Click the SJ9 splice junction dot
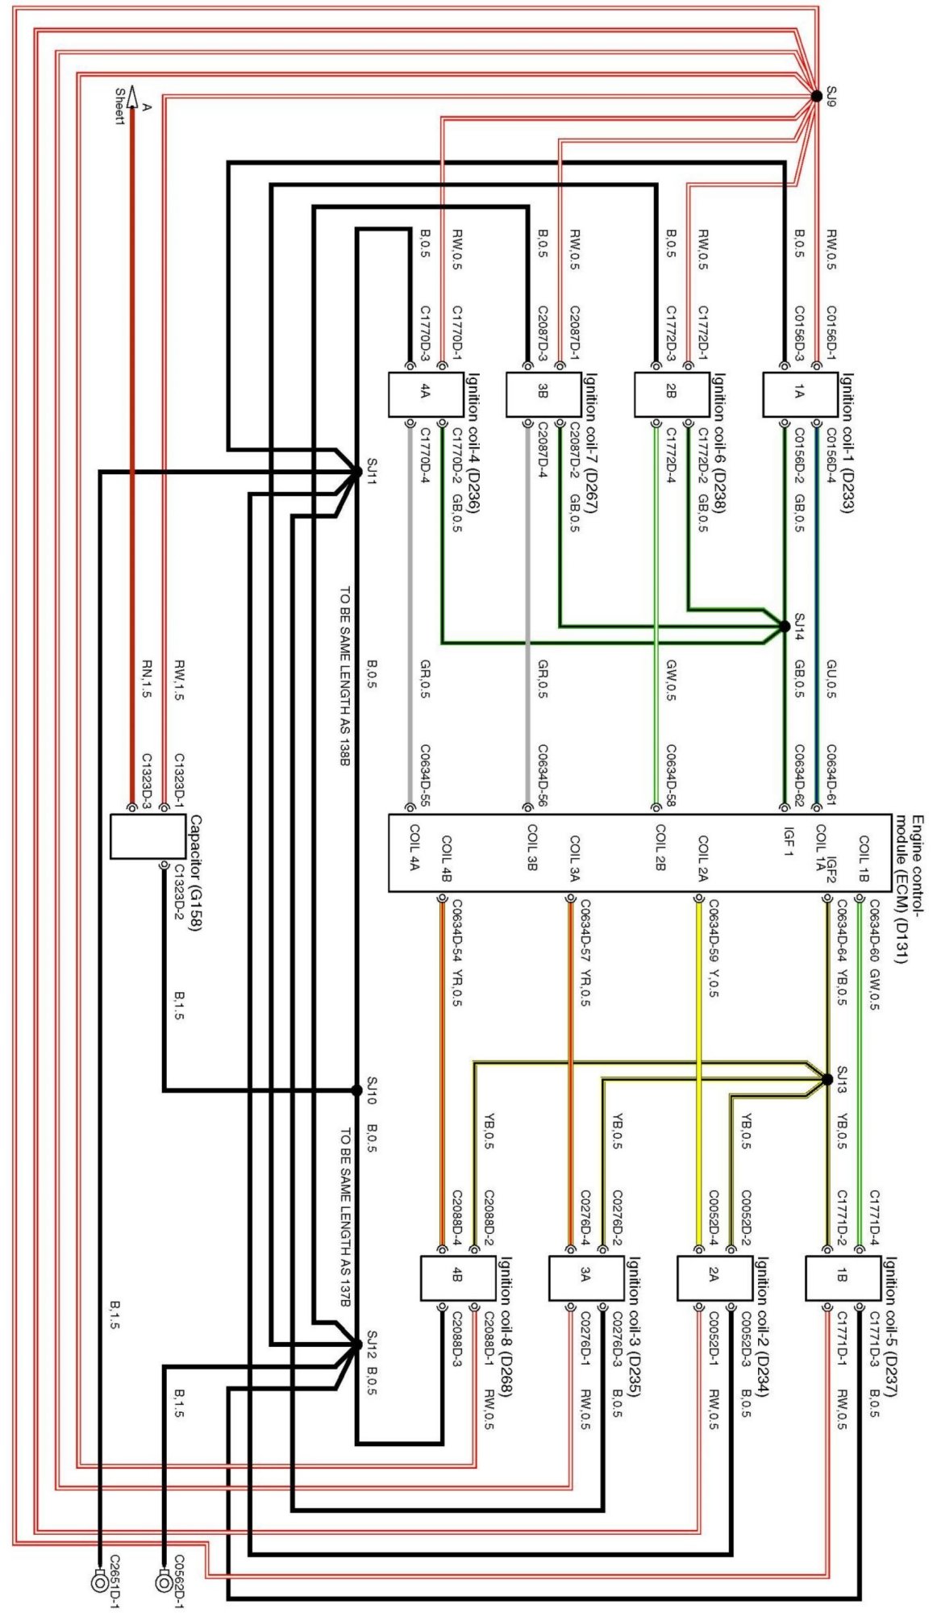[816, 96]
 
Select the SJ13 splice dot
[827, 1079]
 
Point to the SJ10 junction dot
[357, 1090]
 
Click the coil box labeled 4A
[424, 394]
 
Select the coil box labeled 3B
[542, 394]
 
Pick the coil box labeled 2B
[670, 394]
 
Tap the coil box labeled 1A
[798, 394]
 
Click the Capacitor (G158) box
[148, 836]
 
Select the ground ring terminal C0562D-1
[164, 1581]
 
